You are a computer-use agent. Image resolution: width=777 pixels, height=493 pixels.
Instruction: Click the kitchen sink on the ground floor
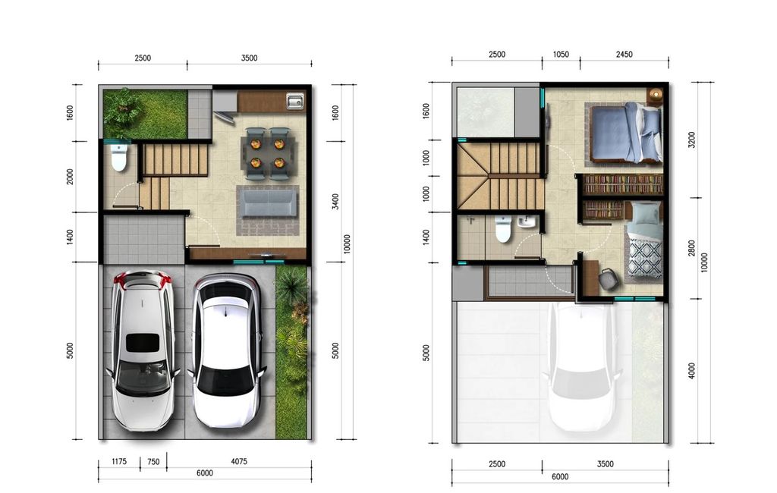[294, 101]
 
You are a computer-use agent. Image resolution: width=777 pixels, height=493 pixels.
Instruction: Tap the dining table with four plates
[266, 151]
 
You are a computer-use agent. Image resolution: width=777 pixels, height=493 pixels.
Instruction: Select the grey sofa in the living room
[268, 203]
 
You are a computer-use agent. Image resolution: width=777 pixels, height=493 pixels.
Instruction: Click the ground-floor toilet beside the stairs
[119, 159]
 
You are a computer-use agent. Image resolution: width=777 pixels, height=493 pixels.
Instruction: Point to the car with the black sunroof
[142, 349]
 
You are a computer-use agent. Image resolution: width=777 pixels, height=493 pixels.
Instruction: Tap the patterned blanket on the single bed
[644, 257]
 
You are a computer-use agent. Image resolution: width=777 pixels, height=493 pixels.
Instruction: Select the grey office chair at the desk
[609, 279]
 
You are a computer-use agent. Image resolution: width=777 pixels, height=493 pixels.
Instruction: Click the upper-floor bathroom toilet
[502, 228]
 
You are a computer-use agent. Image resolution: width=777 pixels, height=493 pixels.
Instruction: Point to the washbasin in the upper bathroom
[527, 223]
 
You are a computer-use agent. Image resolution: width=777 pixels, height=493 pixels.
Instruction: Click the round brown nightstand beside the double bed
[655, 95]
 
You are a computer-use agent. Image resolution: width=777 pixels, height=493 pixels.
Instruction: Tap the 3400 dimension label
[335, 202]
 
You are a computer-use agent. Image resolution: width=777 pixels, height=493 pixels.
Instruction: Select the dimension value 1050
[561, 55]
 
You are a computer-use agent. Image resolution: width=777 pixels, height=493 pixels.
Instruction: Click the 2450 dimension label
[624, 55]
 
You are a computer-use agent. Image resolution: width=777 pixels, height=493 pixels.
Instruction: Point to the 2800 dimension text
[691, 249]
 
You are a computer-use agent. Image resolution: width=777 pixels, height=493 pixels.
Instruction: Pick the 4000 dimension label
[691, 371]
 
